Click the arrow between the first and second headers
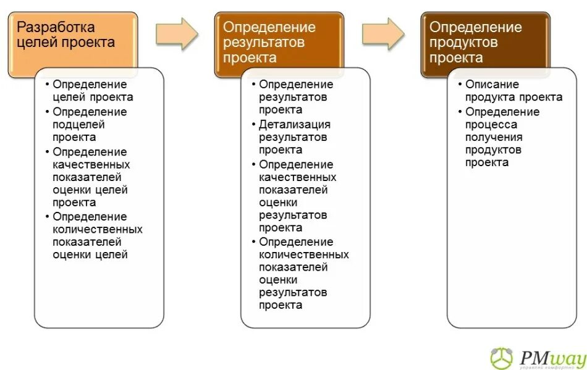177,34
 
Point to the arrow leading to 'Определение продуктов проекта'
383,34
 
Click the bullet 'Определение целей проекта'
93,91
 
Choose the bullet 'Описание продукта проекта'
513,91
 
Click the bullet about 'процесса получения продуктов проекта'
502,137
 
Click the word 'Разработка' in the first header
56,28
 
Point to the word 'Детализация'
295,125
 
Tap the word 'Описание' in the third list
492,85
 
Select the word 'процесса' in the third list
491,125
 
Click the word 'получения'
494,137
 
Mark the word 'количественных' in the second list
303,254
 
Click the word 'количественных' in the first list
97,229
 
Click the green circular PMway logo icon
502,358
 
